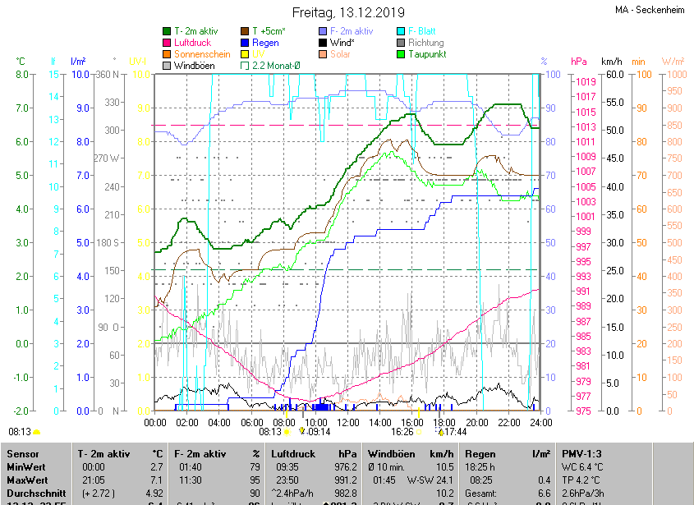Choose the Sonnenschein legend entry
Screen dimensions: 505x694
[202, 54]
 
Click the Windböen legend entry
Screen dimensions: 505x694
[194, 66]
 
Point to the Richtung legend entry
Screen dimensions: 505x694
[425, 43]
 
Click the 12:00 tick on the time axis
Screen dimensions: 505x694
[347, 422]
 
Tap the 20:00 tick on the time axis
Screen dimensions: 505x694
[476, 422]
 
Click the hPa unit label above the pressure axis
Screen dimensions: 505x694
[579, 62]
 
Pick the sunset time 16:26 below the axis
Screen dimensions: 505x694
[402, 431]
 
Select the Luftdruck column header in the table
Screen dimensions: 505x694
[293, 453]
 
